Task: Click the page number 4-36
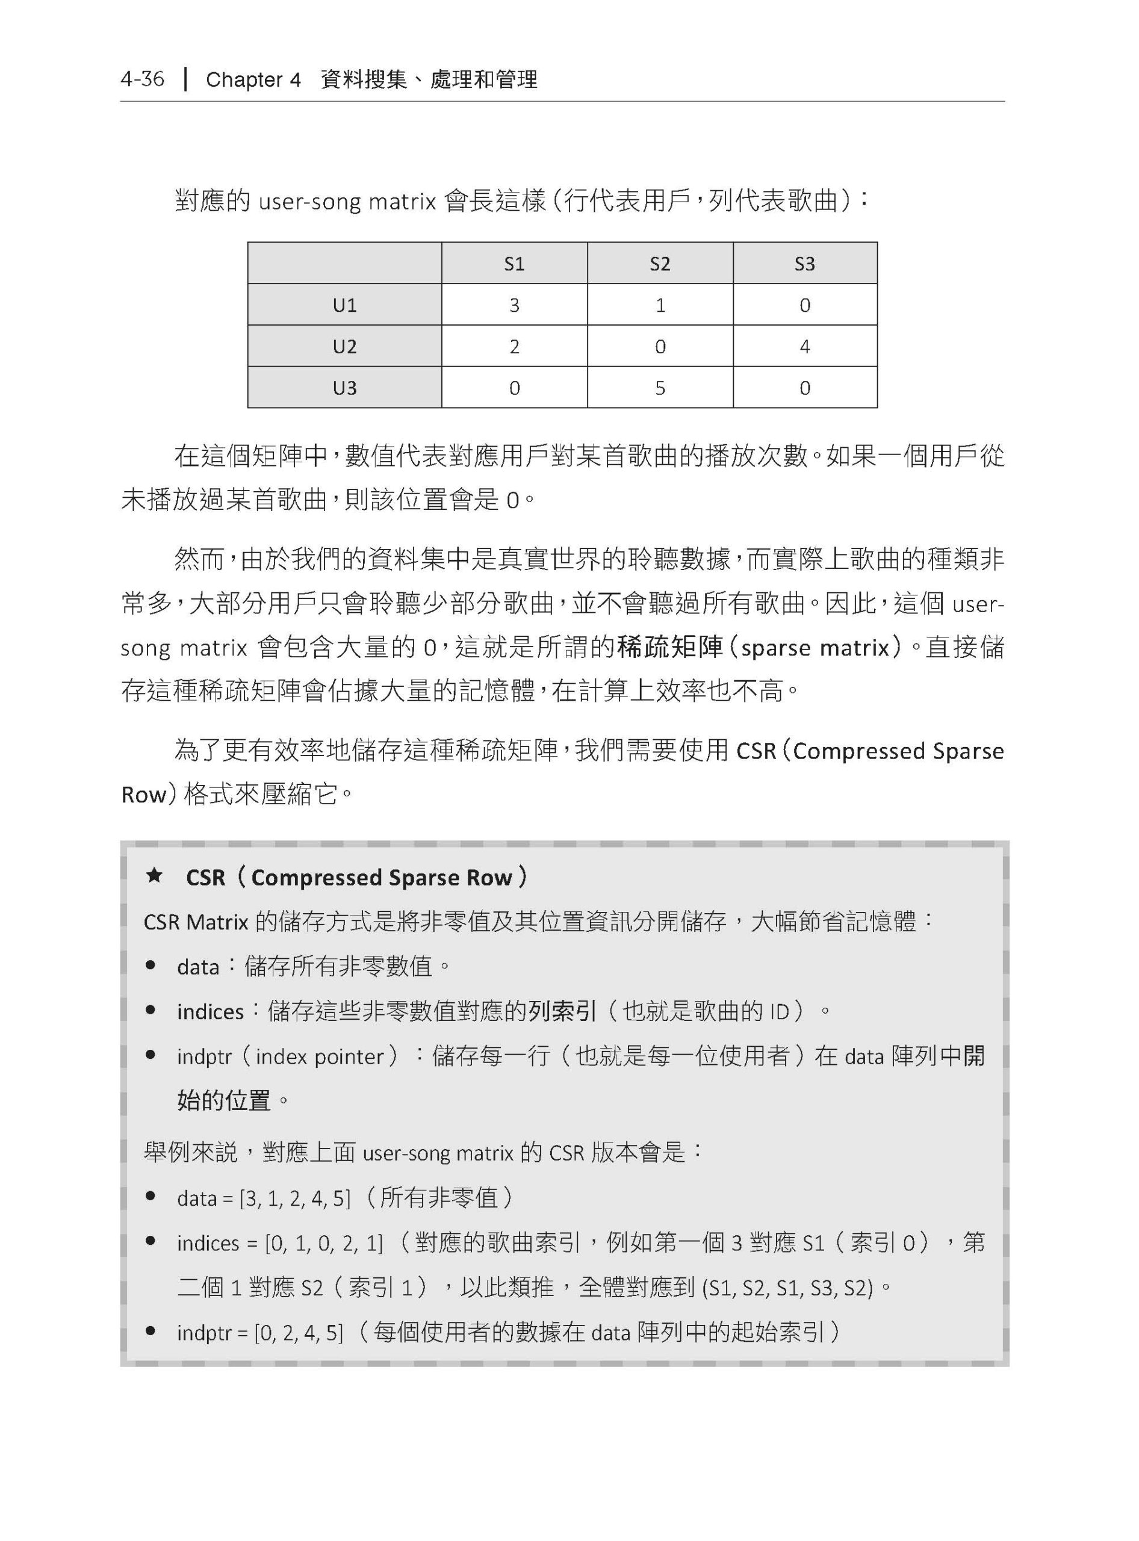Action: coord(142,79)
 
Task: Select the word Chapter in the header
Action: coord(244,80)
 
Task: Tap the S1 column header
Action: coord(514,264)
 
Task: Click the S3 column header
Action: coord(805,264)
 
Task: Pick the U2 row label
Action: coord(345,346)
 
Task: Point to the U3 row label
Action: coord(345,388)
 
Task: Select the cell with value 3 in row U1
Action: coord(514,305)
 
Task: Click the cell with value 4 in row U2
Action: coord(805,346)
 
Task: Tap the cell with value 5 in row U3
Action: coord(660,388)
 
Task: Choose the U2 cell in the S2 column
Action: coord(660,346)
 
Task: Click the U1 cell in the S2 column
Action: coord(660,305)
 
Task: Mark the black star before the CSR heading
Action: coord(155,876)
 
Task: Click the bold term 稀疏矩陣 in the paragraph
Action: coord(669,646)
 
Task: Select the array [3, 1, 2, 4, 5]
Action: coord(294,1198)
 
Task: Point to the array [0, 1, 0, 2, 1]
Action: coord(324,1243)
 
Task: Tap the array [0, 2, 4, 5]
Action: coord(299,1333)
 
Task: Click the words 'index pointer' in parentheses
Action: coord(319,1056)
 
